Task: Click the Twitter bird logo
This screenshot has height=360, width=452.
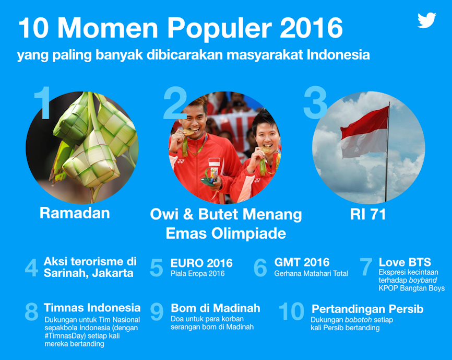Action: pyautogui.click(x=427, y=20)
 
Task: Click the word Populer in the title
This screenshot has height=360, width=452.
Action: pyautogui.click(x=220, y=28)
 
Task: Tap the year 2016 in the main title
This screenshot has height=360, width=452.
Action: pyautogui.click(x=311, y=28)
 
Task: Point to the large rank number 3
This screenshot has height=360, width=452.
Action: pyautogui.click(x=315, y=102)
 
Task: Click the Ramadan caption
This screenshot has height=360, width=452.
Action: pyautogui.click(x=75, y=213)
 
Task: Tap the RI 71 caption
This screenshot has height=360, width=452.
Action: pyautogui.click(x=368, y=214)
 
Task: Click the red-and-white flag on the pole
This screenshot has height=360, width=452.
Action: pyautogui.click(x=365, y=133)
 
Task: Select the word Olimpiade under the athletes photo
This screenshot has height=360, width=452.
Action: pyautogui.click(x=249, y=234)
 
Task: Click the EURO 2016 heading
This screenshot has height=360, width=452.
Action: pyautogui.click(x=201, y=263)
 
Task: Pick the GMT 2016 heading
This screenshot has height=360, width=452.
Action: pyautogui.click(x=302, y=262)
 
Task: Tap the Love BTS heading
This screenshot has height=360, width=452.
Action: pyautogui.click(x=405, y=262)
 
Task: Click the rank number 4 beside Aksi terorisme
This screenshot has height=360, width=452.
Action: pyautogui.click(x=31, y=268)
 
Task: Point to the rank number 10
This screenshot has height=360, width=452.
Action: pyautogui.click(x=292, y=311)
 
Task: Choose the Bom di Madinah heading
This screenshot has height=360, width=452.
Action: pyautogui.click(x=216, y=308)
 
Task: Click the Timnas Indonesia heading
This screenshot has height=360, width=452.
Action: pyautogui.click(x=92, y=308)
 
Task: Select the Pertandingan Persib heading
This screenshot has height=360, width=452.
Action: pyautogui.click(x=367, y=309)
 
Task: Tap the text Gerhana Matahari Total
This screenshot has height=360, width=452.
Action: pyautogui.click(x=311, y=273)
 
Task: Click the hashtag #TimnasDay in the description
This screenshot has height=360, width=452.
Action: pyautogui.click(x=65, y=336)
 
